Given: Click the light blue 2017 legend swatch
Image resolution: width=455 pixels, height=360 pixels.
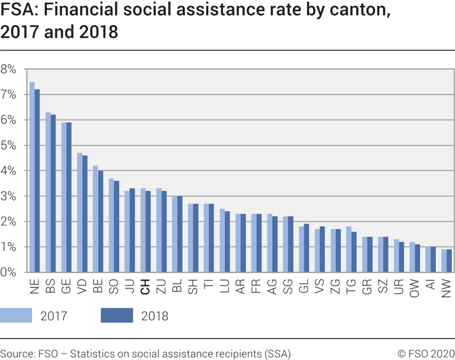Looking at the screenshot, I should (16, 315).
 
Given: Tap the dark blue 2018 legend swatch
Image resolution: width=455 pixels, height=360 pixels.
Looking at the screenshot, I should (116, 315).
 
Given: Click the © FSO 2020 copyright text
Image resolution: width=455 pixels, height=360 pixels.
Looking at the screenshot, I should (426, 354).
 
